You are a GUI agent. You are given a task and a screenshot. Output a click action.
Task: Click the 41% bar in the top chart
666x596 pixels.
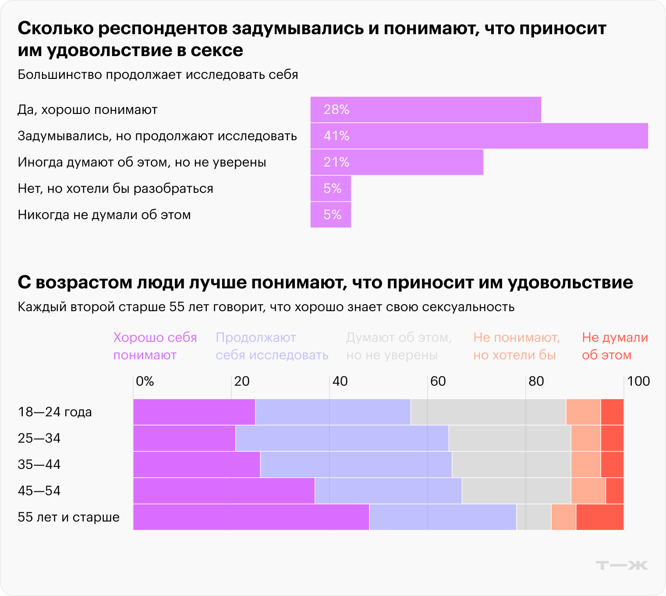point(479,136)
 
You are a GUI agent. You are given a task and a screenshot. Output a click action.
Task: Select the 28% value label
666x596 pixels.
point(336,110)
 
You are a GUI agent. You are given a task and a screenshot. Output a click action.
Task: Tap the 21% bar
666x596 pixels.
point(397,162)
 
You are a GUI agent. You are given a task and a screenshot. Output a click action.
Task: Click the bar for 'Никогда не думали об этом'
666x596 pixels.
point(330,215)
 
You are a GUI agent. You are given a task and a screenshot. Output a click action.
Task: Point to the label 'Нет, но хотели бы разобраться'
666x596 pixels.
point(115,188)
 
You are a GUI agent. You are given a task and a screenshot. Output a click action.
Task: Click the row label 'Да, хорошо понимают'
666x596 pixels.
point(87,110)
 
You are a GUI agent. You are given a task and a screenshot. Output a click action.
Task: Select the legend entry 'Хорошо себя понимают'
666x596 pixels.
point(155,346)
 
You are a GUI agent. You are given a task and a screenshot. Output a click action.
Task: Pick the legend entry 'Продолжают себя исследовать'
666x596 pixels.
point(272,346)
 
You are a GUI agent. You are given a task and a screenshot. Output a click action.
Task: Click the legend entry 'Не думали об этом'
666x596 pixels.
point(614,346)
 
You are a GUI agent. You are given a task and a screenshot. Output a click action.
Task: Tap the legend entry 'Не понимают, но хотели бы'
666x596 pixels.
point(516,346)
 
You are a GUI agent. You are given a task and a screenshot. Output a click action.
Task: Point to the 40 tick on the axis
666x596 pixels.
point(340,381)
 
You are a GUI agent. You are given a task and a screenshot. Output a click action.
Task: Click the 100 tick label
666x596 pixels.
point(638,381)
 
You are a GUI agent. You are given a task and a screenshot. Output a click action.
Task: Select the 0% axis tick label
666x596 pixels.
point(145,381)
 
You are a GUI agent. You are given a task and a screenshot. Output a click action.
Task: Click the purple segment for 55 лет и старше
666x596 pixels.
point(251,517)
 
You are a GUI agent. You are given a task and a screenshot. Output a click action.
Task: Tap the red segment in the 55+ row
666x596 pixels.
point(599,517)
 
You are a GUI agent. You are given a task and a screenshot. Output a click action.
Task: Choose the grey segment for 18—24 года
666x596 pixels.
point(488,412)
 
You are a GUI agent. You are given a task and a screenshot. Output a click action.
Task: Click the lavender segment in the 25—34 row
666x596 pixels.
point(342,438)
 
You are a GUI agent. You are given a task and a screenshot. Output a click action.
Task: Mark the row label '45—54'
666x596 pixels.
point(39,491)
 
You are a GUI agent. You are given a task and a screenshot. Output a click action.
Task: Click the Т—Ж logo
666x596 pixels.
point(621,565)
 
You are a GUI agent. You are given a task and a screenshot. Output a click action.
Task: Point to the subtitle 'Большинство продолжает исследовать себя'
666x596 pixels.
point(158,74)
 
